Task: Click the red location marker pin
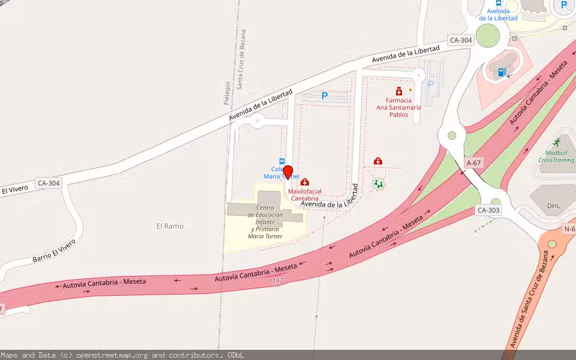[x=287, y=172]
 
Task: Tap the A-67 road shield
[x=474, y=163]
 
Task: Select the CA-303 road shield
[x=488, y=210]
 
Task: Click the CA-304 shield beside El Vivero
[x=49, y=183]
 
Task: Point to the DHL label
[x=554, y=205]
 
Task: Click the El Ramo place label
[x=170, y=226]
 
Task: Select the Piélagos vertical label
[x=227, y=93]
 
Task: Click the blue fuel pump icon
[x=502, y=73]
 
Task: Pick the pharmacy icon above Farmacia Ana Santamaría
[x=399, y=91]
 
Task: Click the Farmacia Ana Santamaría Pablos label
[x=398, y=107]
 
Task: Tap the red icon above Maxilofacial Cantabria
[x=305, y=182]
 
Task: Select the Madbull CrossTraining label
[x=556, y=157]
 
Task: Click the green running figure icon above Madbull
[x=556, y=143]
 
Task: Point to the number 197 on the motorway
[x=277, y=281]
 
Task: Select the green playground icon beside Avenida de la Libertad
[x=378, y=184]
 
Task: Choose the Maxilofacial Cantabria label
[x=305, y=195]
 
